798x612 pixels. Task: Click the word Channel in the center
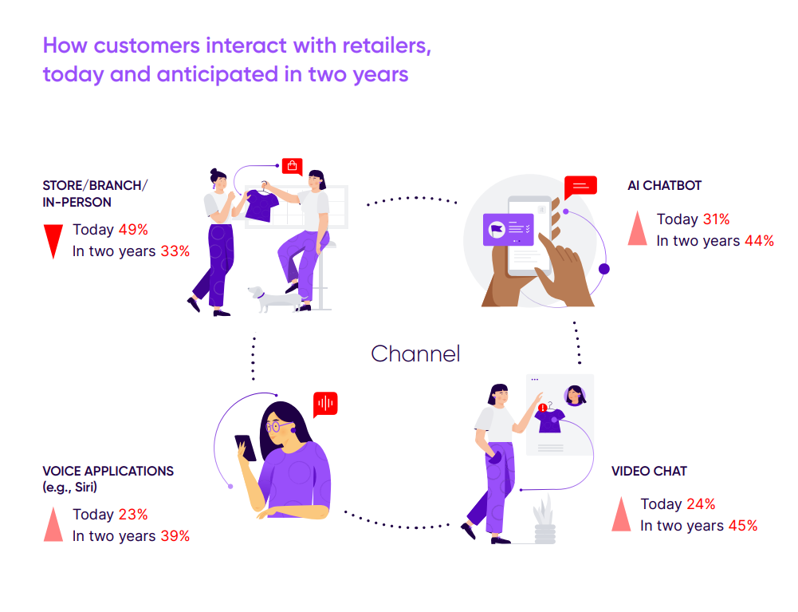415,353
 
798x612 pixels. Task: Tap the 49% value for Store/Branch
133,230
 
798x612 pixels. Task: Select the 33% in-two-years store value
175,251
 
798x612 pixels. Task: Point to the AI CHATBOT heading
664,185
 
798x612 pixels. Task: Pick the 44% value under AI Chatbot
759,240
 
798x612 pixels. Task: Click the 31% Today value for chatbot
717,219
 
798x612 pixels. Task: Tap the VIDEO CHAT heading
649,471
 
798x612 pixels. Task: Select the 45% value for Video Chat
743,525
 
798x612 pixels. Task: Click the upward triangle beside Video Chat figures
621,514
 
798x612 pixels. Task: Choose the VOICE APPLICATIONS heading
108,471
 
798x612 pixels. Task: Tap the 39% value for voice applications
175,536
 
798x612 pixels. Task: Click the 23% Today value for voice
133,515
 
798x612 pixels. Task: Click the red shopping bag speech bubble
292,166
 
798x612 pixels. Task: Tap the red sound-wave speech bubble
326,404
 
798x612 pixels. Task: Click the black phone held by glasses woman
246,448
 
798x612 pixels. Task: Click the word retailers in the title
387,45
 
